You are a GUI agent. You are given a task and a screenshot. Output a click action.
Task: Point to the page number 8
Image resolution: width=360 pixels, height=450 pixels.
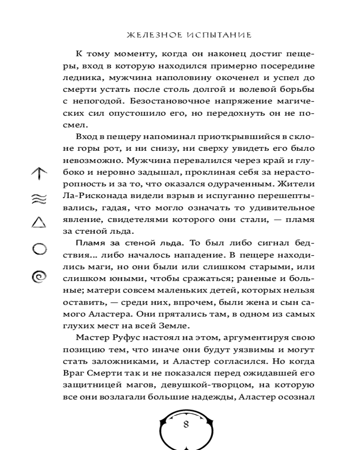pos(186,425)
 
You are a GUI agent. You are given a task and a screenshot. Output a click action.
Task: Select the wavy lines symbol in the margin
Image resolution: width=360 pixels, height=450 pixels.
pos(39,200)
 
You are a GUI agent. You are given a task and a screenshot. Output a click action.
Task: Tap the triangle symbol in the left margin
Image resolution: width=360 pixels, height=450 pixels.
pos(39,223)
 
